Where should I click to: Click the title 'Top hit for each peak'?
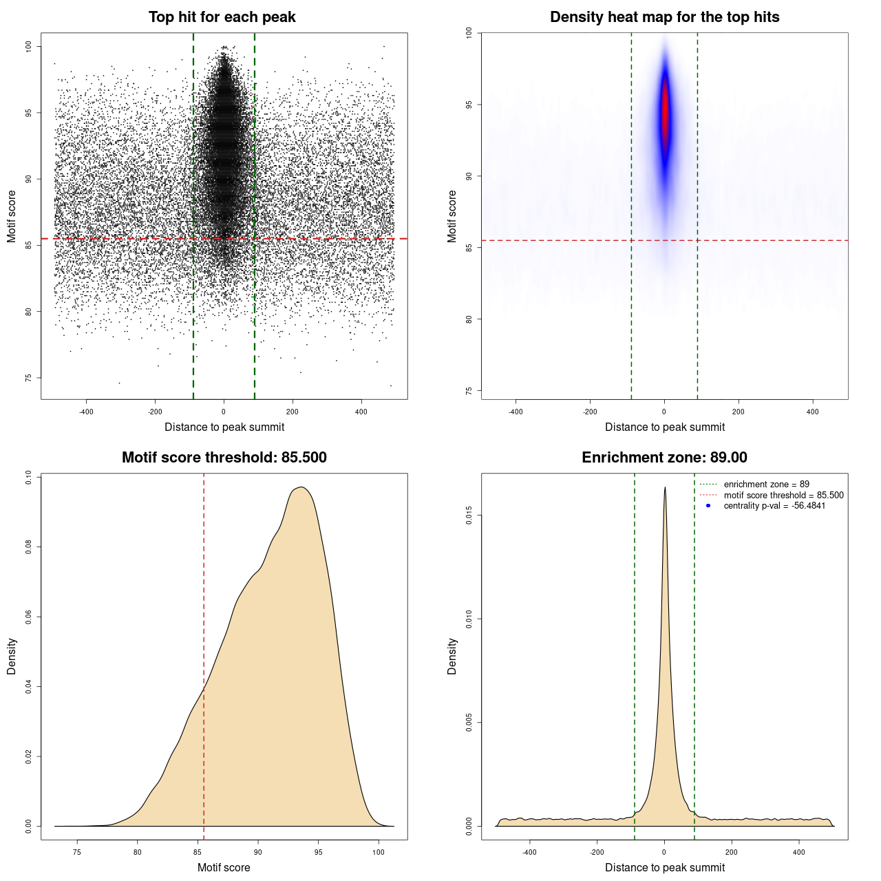tap(222, 17)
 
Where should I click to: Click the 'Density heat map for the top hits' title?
tap(664, 17)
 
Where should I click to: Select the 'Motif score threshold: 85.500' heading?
tap(224, 458)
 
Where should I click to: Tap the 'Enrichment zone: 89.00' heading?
tap(664, 458)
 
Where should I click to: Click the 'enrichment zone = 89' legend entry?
tap(766, 485)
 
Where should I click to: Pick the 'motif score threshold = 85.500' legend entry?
tap(783, 495)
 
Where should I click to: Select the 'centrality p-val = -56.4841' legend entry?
tap(774, 506)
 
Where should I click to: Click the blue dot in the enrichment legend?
tap(708, 506)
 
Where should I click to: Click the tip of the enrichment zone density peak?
tap(665, 488)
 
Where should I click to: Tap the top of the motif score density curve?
tap(301, 487)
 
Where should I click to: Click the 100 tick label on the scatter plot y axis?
tap(29, 46)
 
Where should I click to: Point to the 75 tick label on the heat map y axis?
tap(469, 390)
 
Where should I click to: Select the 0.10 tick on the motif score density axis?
tap(29, 477)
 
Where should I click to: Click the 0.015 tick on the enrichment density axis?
tap(469, 516)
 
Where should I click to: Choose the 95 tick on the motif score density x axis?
tap(318, 852)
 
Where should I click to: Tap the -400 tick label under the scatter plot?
tap(86, 412)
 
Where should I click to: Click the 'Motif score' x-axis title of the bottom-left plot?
tap(224, 867)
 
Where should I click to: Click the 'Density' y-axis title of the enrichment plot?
tap(452, 656)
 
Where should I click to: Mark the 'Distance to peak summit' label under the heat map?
tap(665, 427)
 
